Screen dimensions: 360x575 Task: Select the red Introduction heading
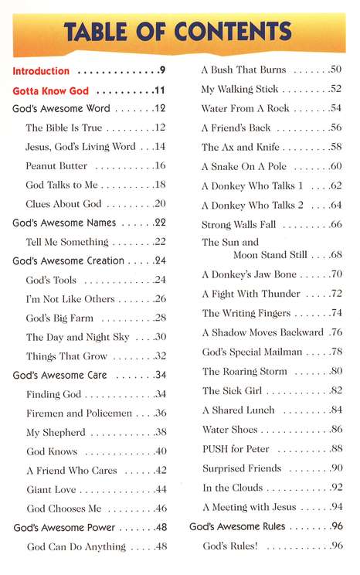tap(41, 71)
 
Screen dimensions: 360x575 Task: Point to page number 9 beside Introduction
tap(163, 71)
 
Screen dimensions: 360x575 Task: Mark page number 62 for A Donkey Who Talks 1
tap(335, 185)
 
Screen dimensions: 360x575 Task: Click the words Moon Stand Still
tap(270, 254)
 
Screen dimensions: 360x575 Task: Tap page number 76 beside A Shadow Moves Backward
tap(335, 332)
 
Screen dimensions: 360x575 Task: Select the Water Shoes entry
tap(229, 430)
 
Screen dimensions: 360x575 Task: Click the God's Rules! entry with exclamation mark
tap(230, 546)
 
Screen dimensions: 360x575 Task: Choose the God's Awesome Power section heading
tap(64, 528)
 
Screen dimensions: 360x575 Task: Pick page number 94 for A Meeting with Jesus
tap(335, 507)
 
